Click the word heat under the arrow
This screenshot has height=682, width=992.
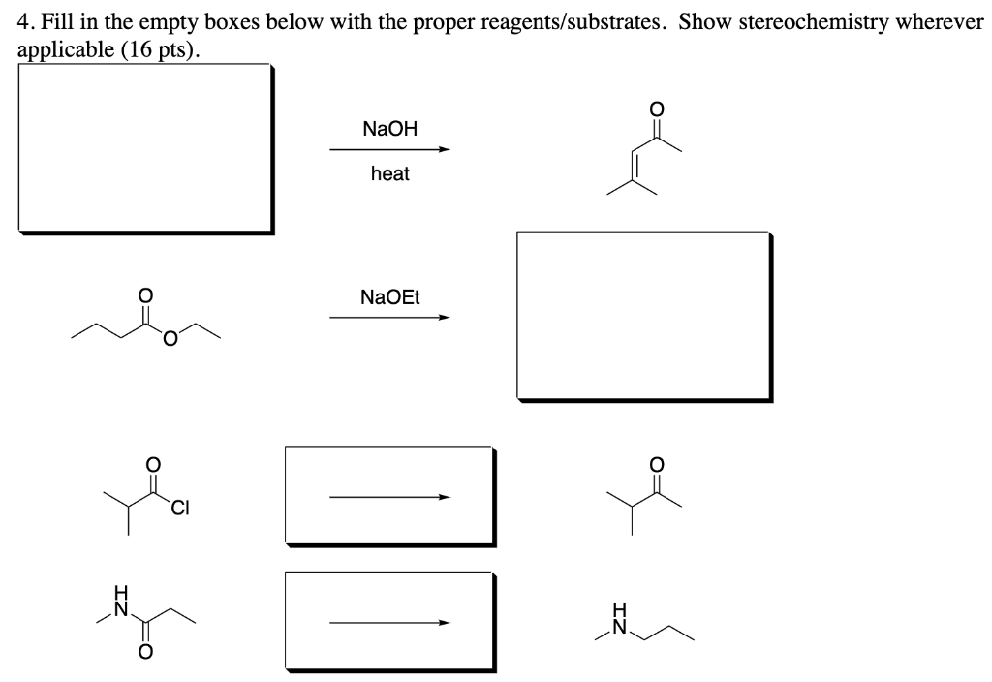pos(389,174)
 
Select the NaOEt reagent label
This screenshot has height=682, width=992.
pos(389,295)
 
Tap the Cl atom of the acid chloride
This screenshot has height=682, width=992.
pos(181,506)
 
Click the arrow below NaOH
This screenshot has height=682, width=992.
pos(389,150)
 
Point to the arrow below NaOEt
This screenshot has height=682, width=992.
pos(389,317)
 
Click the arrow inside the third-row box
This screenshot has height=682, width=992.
pos(389,497)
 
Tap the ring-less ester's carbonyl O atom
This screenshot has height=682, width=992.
pos(146,293)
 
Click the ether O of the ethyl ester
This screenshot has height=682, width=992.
pos(170,338)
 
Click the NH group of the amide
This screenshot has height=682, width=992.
pos(122,602)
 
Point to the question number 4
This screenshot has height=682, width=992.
pos(24,22)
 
